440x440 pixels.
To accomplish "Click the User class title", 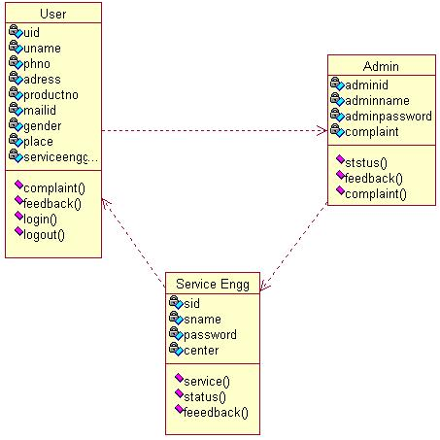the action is (x=53, y=14).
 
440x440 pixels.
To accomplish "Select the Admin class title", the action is (x=381, y=66).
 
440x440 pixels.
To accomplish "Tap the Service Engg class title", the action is (x=213, y=285).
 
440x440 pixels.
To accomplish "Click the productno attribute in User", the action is (x=51, y=95).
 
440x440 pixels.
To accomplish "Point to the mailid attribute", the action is (x=40, y=111).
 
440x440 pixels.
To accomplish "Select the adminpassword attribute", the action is (x=389, y=117).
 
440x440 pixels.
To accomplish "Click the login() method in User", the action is (x=40, y=220).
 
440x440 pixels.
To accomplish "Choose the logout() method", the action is (x=44, y=235).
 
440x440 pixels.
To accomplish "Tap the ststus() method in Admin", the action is (x=366, y=163).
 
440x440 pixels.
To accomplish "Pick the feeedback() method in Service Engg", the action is (x=216, y=413).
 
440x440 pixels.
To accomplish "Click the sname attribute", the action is (x=202, y=320).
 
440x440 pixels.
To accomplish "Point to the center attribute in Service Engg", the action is (x=201, y=351).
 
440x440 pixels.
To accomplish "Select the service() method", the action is (x=207, y=382).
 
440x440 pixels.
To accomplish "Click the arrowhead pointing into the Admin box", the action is (x=323, y=131).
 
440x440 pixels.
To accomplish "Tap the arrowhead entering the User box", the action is (x=106, y=202).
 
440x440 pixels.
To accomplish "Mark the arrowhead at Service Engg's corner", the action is (x=264, y=286).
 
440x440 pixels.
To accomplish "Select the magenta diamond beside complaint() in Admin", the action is (x=340, y=190).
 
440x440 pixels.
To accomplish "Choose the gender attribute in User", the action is (x=43, y=126).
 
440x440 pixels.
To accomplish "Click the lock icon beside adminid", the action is (x=337, y=84).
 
